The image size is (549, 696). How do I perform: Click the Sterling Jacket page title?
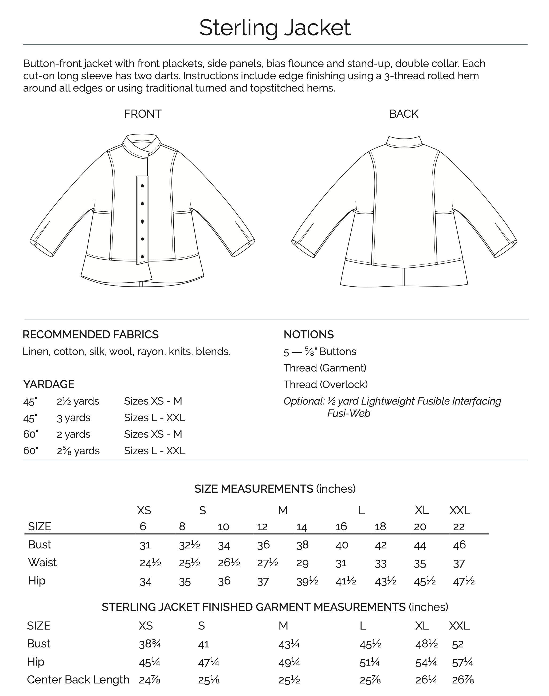coord(274,28)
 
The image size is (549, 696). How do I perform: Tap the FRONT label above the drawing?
coord(142,114)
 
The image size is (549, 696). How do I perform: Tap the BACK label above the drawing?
coord(403,114)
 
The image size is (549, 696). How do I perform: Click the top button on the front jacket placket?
coord(142,186)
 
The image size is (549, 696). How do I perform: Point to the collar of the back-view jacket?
coord(404,142)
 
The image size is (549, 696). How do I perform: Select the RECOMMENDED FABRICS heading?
coord(90,335)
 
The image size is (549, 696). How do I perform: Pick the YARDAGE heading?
coord(49,384)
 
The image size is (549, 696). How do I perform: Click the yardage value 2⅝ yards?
coord(78,451)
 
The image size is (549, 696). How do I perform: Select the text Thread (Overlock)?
coord(325,385)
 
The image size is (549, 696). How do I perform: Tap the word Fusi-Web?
coord(348,413)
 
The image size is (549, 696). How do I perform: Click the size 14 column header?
coord(302,527)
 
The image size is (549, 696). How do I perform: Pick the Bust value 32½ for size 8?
coord(189,545)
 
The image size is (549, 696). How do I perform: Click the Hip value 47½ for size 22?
coord(464,581)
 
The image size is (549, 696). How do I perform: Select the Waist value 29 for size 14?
coord(302,563)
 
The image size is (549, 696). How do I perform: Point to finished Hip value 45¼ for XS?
coord(150,662)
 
